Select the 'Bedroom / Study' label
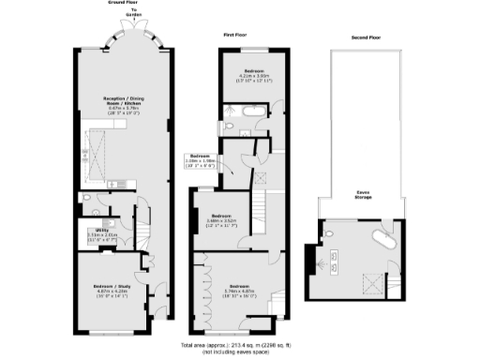pos(112,287)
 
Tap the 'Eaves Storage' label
pos(361,194)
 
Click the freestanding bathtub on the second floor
pos(382,234)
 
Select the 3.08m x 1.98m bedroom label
pos(201,157)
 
